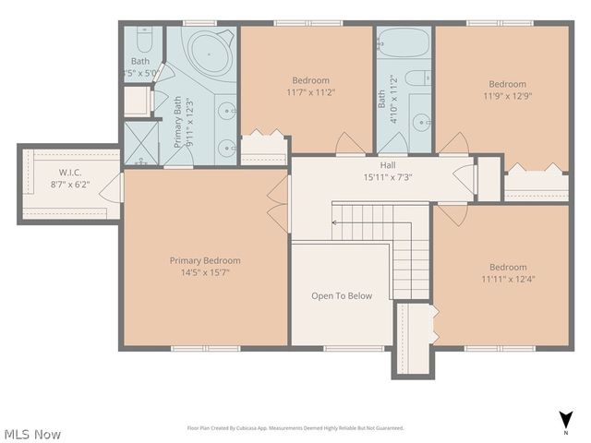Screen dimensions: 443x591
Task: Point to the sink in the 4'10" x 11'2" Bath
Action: click(x=421, y=121)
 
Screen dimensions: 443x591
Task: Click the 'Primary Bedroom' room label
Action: click(x=205, y=260)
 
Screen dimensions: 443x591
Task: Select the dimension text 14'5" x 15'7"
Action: click(x=205, y=272)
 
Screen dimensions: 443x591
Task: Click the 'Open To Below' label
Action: click(x=342, y=296)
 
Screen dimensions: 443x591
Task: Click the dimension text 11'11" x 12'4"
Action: click(x=508, y=279)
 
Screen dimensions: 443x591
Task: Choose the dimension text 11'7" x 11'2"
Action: click(x=310, y=91)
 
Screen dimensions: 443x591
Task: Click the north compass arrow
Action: click(x=565, y=418)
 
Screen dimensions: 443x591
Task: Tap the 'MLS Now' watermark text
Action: click(x=32, y=433)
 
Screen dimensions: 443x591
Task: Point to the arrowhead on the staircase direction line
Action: click(x=335, y=222)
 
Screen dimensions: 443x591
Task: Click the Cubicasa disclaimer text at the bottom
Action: click(x=295, y=428)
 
